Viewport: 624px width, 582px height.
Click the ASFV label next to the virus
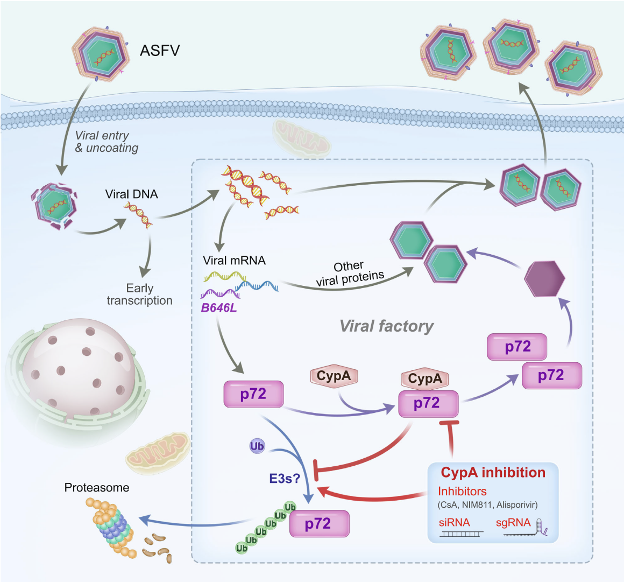tap(160, 51)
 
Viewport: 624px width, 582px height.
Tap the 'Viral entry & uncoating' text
tap(106, 142)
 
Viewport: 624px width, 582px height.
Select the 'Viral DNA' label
tap(132, 194)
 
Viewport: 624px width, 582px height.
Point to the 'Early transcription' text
tap(140, 294)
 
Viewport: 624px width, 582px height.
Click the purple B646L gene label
tap(218, 309)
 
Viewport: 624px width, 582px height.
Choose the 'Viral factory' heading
tap(386, 326)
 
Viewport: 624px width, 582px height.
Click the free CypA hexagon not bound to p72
tap(334, 376)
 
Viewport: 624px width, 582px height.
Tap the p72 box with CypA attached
tap(428, 404)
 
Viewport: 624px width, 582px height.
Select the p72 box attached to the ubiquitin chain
tap(319, 524)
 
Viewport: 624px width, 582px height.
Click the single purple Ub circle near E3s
tap(257, 446)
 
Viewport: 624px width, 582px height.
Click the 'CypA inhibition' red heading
tap(493, 473)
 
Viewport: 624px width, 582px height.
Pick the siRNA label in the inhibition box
tap(454, 522)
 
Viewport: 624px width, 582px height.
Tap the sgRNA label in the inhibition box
tap(513, 522)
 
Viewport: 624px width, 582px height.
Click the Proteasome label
tap(97, 488)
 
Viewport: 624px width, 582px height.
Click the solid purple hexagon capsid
tap(544, 279)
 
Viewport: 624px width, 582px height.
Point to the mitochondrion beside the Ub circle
tap(158, 452)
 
